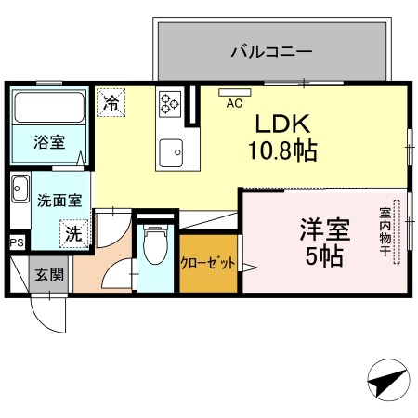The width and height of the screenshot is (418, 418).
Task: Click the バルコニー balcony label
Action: pos(271,52)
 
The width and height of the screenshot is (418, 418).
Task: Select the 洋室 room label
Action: pos(322,229)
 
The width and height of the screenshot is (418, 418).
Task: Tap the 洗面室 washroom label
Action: pos(52,199)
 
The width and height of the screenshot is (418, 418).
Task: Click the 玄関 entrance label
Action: pos(50,274)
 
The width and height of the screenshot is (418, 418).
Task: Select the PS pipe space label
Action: pos(16,242)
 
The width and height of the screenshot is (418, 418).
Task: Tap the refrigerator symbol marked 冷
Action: pos(111,101)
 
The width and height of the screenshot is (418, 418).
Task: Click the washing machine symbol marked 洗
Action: pos(73,233)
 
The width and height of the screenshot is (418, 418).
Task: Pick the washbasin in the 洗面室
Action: pos(20,194)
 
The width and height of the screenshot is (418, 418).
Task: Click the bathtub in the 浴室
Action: pos(50,109)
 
